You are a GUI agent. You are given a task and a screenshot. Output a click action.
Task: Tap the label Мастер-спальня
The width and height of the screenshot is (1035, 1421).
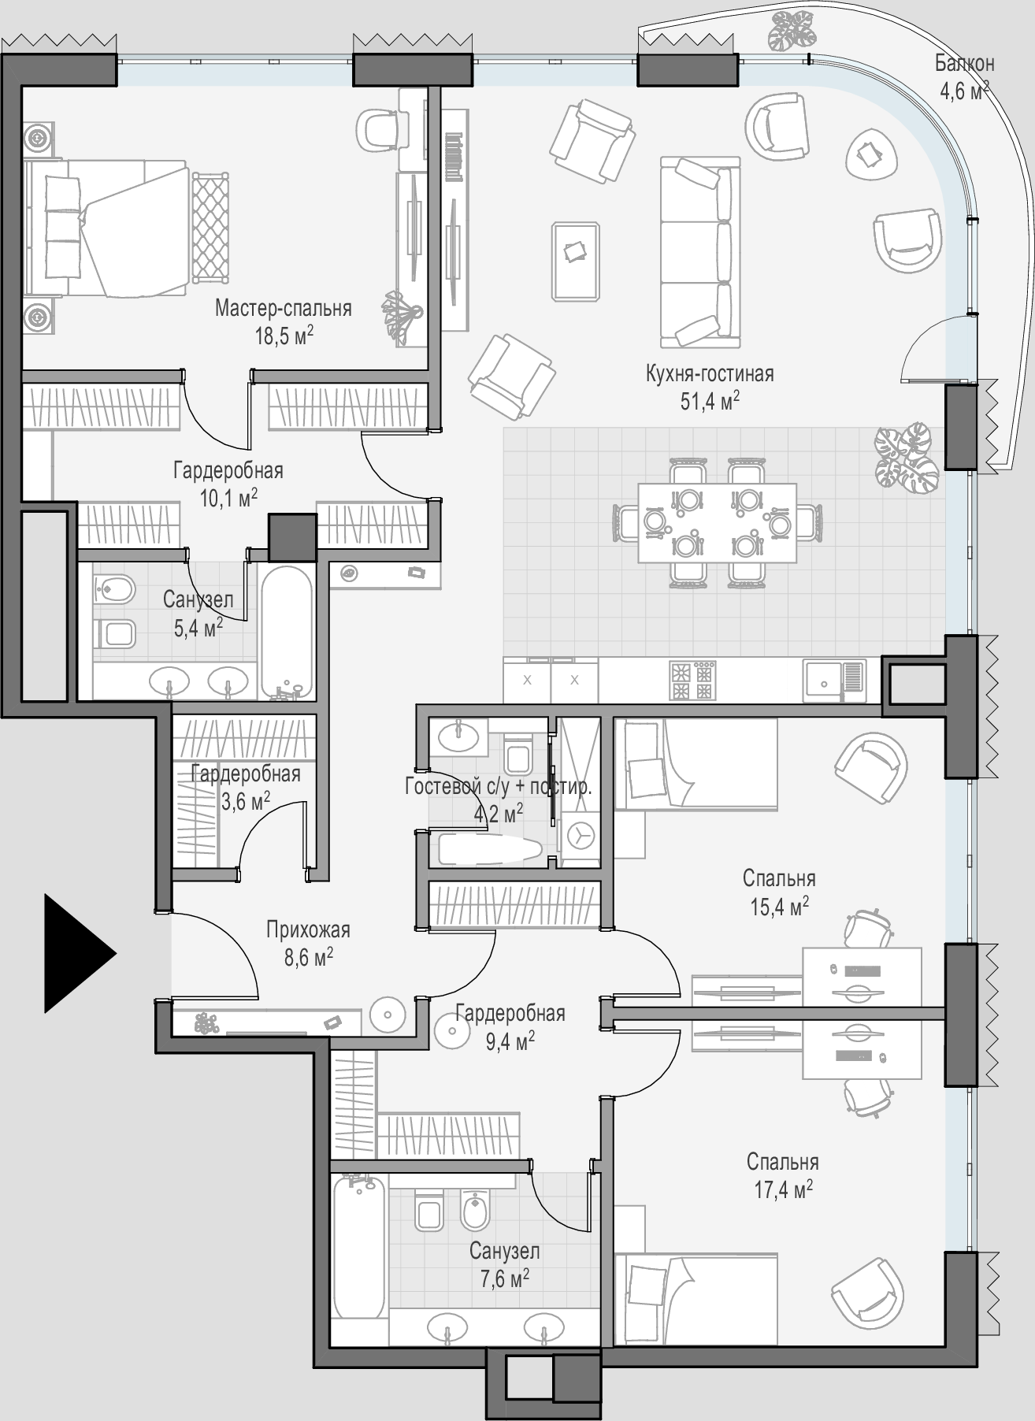coord(284,308)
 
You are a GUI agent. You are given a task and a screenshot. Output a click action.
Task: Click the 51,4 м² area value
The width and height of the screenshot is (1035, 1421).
coord(710,401)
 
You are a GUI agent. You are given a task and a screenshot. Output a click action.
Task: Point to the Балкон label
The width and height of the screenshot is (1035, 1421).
coord(965,63)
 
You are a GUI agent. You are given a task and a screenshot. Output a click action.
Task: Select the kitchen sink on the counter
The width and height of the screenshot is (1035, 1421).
coord(833,680)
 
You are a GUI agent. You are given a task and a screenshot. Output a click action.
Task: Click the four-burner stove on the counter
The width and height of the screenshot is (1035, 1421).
coord(692,680)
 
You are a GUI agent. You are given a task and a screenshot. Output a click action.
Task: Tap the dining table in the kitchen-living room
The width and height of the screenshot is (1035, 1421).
coord(717,522)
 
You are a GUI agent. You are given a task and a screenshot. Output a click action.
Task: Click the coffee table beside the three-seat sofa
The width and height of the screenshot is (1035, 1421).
coord(576,261)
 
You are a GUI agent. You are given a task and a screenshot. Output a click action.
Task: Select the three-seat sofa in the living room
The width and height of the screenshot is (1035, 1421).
coord(700,252)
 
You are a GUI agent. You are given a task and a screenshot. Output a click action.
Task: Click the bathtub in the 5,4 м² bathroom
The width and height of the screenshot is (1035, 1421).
coord(286,630)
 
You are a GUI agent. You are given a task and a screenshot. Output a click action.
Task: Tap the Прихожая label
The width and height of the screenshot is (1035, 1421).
coord(308,929)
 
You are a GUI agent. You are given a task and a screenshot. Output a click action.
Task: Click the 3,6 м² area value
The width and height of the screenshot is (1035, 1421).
coord(245,802)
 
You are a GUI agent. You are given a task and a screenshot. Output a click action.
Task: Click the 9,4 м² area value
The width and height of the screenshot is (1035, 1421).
coord(510,1042)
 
